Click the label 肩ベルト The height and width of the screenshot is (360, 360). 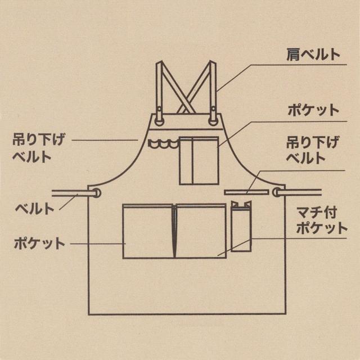pyautogui.click(x=313, y=55)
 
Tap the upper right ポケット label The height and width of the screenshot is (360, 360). pyautogui.click(x=313, y=111)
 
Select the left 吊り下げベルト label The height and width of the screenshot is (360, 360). pyautogui.click(x=38, y=148)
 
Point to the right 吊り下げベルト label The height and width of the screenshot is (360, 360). pyautogui.click(x=313, y=150)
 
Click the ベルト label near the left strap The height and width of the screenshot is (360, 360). pyautogui.click(x=34, y=209)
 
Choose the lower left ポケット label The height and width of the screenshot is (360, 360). pyautogui.click(x=39, y=244)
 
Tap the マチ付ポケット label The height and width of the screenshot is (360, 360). pyautogui.click(x=321, y=220)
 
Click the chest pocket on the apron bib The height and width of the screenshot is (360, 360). pyautogui.click(x=199, y=160)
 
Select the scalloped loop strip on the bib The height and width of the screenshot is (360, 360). pyautogui.click(x=163, y=143)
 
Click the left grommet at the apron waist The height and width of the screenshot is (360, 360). pyautogui.click(x=96, y=193)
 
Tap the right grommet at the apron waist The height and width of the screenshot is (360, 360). pyautogui.click(x=277, y=192)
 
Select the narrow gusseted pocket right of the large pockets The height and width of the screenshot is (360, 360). pyautogui.click(x=241, y=226)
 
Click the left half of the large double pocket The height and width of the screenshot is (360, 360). pyautogui.click(x=148, y=231)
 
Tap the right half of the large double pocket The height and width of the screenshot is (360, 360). pyautogui.click(x=201, y=231)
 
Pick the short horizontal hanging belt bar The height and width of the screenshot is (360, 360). pyautogui.click(x=246, y=192)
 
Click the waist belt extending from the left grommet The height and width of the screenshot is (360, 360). pyautogui.click(x=73, y=193)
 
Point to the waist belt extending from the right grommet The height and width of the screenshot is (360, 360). pyautogui.click(x=299, y=192)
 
